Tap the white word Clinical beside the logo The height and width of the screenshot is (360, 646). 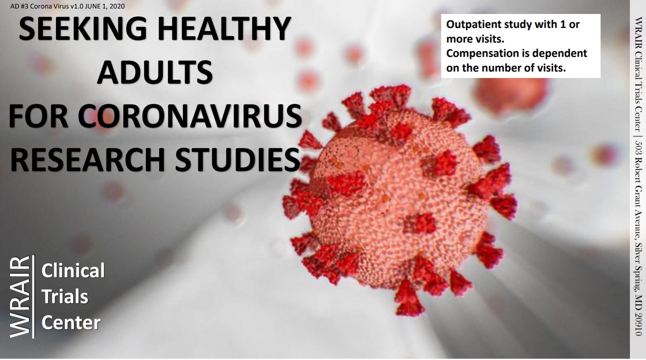click(73, 270)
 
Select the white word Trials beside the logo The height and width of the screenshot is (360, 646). click(65, 296)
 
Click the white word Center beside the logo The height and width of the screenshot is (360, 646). click(71, 323)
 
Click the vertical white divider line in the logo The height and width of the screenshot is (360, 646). click(33, 297)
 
